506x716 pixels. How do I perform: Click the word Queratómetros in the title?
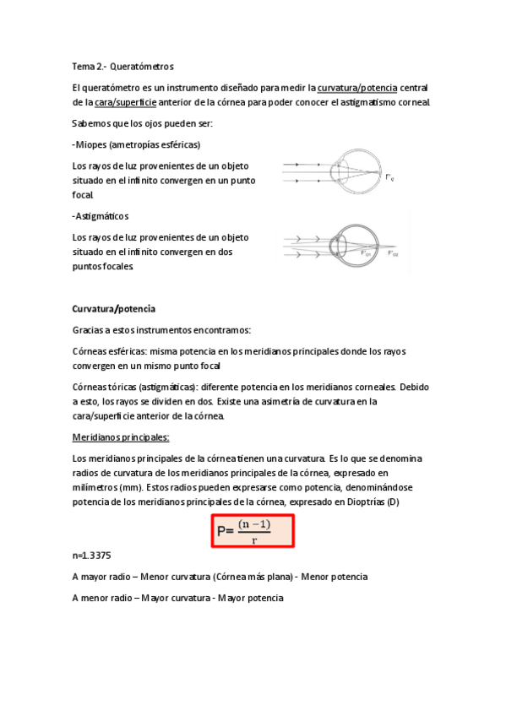(142, 65)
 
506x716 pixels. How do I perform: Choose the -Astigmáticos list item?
(101, 216)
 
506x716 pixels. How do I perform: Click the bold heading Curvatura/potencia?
(114, 309)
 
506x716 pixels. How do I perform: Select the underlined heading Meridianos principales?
(121, 437)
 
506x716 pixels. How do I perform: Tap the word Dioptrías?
(362, 502)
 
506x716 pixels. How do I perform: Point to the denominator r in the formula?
(254, 540)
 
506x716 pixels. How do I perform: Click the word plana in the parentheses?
(275, 577)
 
